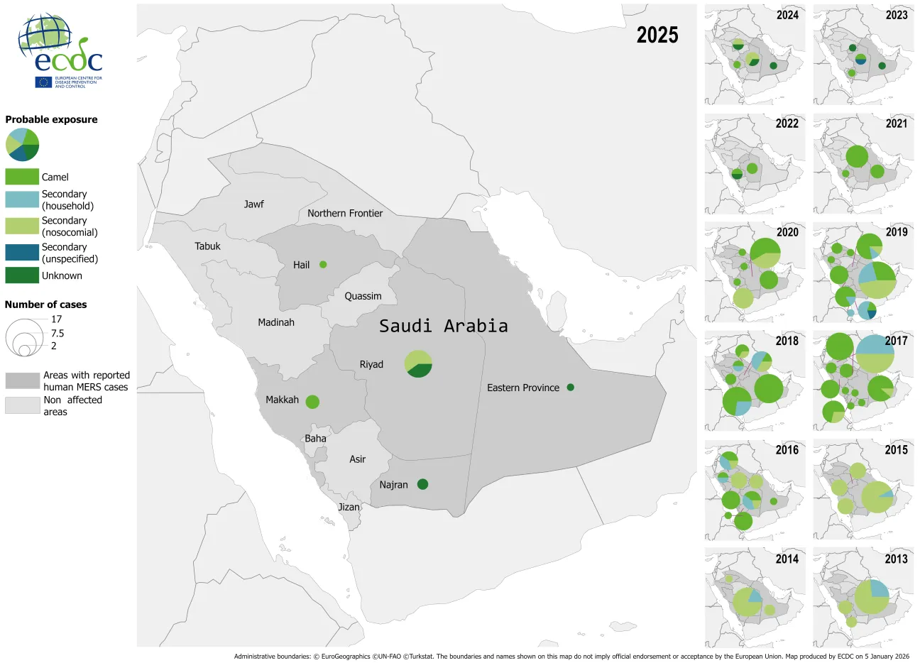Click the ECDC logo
tap(60, 50)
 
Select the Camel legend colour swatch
tap(22, 177)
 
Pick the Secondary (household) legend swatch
tap(22, 199)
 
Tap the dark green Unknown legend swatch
tap(22, 275)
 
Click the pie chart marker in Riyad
tap(418, 363)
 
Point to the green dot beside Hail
tap(323, 265)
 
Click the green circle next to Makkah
tap(312, 402)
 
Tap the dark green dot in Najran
tap(422, 484)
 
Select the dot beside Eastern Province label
tap(570, 388)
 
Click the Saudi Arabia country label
tap(443, 326)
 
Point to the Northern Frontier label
tap(345, 213)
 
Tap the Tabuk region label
tap(207, 246)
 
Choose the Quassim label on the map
tap(363, 296)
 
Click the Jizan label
tap(349, 507)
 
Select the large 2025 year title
tap(657, 35)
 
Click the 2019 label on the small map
tap(896, 232)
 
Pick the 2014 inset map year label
tap(787, 559)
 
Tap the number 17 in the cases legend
tap(57, 319)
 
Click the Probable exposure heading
tap(51, 119)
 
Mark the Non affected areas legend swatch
tap(22, 405)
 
